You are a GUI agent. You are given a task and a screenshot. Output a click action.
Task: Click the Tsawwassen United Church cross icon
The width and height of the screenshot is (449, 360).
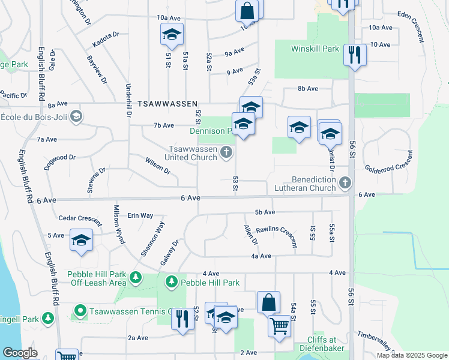[x=226, y=152]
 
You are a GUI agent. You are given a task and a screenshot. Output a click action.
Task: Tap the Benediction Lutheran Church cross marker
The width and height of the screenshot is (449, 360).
[x=345, y=182]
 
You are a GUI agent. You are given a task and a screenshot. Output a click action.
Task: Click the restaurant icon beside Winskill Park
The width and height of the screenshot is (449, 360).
[x=355, y=55]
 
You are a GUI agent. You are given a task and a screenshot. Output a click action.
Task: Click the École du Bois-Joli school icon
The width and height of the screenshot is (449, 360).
[x=76, y=116]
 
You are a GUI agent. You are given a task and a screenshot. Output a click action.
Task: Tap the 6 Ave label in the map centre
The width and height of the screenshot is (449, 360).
[x=190, y=198]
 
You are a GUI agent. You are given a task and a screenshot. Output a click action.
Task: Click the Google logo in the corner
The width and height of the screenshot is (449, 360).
[x=20, y=353]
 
